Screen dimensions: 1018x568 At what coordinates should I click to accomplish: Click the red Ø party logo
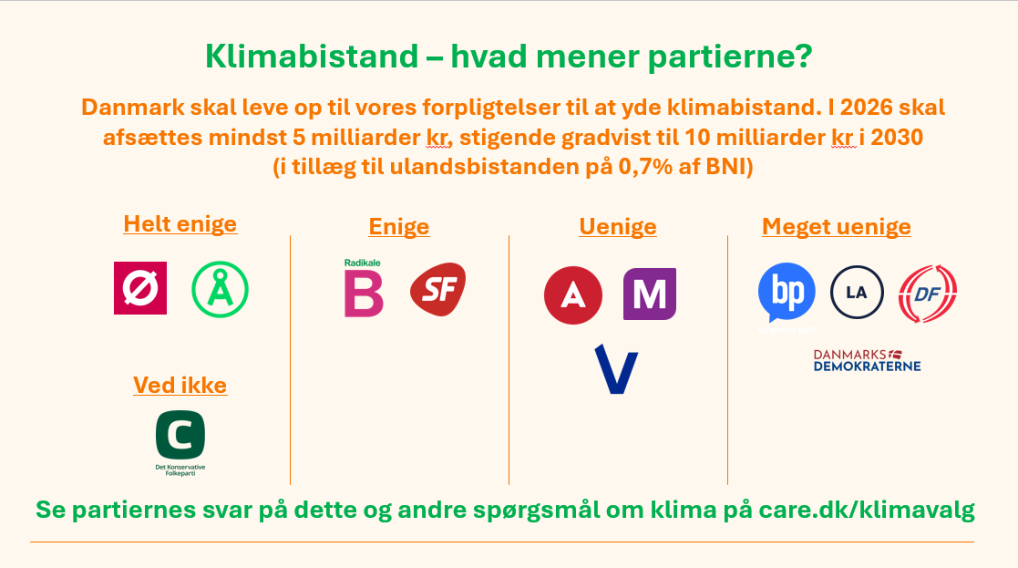[x=140, y=288]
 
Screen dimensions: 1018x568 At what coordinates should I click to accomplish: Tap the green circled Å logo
[x=220, y=289]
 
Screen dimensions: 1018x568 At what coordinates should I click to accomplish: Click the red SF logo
[x=438, y=289]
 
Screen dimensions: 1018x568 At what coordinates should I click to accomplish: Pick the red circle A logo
[x=572, y=295]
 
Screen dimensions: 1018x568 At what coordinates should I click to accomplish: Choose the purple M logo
[x=649, y=294]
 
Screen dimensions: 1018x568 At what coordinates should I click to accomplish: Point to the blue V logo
[x=616, y=369]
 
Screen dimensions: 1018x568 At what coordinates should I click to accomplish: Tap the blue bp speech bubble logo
[x=787, y=293]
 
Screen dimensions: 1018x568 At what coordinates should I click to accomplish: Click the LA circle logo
[x=857, y=292]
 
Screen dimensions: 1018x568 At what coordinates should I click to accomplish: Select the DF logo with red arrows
[x=928, y=294]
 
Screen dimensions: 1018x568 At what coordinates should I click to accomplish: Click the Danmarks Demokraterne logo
[x=868, y=360]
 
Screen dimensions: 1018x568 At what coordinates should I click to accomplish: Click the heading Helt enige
[x=180, y=224]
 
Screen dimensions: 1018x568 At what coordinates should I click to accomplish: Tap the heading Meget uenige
[x=837, y=226]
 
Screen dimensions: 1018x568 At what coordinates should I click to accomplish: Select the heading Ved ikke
[x=180, y=385]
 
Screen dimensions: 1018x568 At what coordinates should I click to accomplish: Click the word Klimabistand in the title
[x=312, y=57]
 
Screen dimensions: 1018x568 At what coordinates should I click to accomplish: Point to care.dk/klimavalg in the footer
[x=867, y=510]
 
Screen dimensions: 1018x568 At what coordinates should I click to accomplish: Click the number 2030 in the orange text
[x=897, y=137]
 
